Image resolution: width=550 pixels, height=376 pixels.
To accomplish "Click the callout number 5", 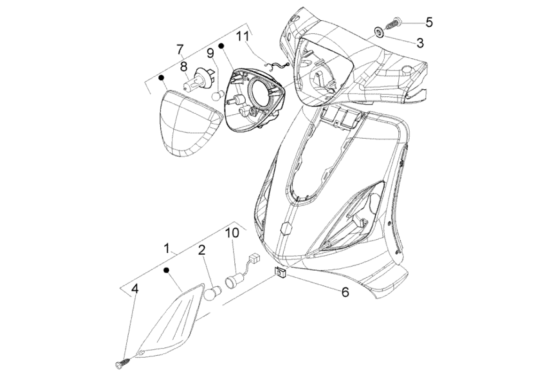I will (x=429, y=22).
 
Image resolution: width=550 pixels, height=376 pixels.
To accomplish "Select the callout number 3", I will (x=420, y=43).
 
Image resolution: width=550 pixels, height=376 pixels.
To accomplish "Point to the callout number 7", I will (x=179, y=49).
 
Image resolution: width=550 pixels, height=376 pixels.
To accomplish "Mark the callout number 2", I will (x=201, y=250).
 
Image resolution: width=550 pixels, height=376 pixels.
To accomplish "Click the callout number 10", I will (x=232, y=233).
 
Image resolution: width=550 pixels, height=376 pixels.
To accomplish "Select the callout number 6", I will (x=345, y=292).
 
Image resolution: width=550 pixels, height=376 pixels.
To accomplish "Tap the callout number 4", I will (x=135, y=289).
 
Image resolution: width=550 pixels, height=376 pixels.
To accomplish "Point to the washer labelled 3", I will (x=378, y=32).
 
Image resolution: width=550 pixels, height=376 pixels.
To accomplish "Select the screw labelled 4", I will (x=124, y=362).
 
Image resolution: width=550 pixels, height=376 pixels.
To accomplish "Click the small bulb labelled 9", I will (x=217, y=96).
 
